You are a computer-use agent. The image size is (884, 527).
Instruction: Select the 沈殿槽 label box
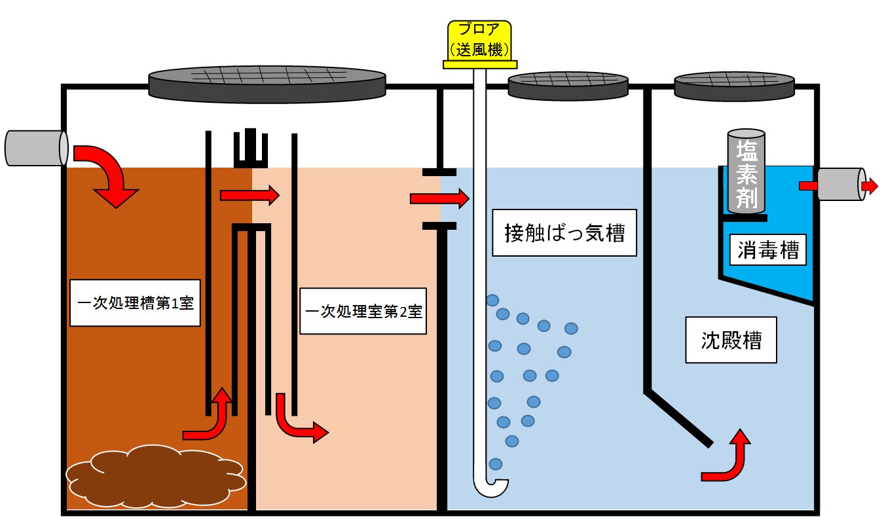(x=731, y=340)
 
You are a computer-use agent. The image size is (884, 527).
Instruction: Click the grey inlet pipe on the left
(x=37, y=148)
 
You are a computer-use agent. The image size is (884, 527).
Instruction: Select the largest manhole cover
(x=267, y=84)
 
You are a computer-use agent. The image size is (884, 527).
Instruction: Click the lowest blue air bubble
(x=496, y=463)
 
